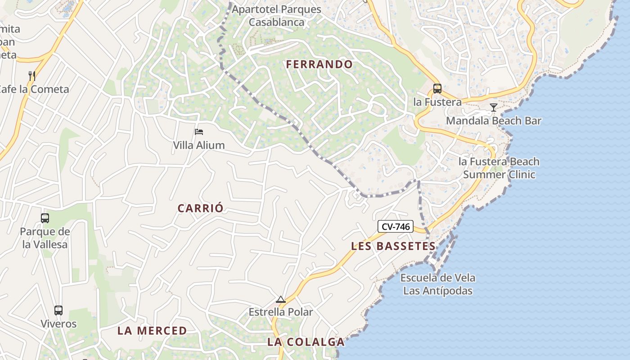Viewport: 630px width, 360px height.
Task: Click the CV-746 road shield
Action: click(x=396, y=226)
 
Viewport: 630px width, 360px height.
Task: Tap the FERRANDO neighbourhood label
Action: click(x=319, y=64)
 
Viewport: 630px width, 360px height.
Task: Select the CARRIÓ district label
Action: click(x=200, y=208)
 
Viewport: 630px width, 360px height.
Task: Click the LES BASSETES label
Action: click(x=393, y=246)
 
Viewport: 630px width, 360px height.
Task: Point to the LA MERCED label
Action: click(x=152, y=331)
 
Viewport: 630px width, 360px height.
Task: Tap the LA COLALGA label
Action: click(x=306, y=342)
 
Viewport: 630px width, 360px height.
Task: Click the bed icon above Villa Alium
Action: click(x=199, y=132)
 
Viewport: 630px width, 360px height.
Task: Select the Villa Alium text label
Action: click(x=199, y=145)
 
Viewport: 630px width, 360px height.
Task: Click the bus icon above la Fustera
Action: click(x=437, y=89)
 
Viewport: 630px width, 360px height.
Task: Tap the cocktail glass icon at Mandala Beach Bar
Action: click(x=494, y=108)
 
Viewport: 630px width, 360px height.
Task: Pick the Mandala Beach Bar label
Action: click(x=494, y=121)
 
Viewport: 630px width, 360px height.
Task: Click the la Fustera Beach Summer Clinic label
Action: click(x=499, y=168)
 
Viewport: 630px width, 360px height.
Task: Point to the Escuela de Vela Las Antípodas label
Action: click(x=438, y=284)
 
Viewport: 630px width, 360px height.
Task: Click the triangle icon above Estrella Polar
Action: click(x=281, y=299)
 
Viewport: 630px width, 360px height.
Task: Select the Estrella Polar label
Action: click(x=281, y=312)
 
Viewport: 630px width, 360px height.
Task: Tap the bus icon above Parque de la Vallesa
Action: click(x=45, y=218)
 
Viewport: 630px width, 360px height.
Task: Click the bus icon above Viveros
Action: click(x=58, y=310)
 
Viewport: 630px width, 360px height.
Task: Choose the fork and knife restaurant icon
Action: click(x=32, y=76)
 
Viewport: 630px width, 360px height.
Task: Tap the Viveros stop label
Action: click(x=58, y=324)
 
